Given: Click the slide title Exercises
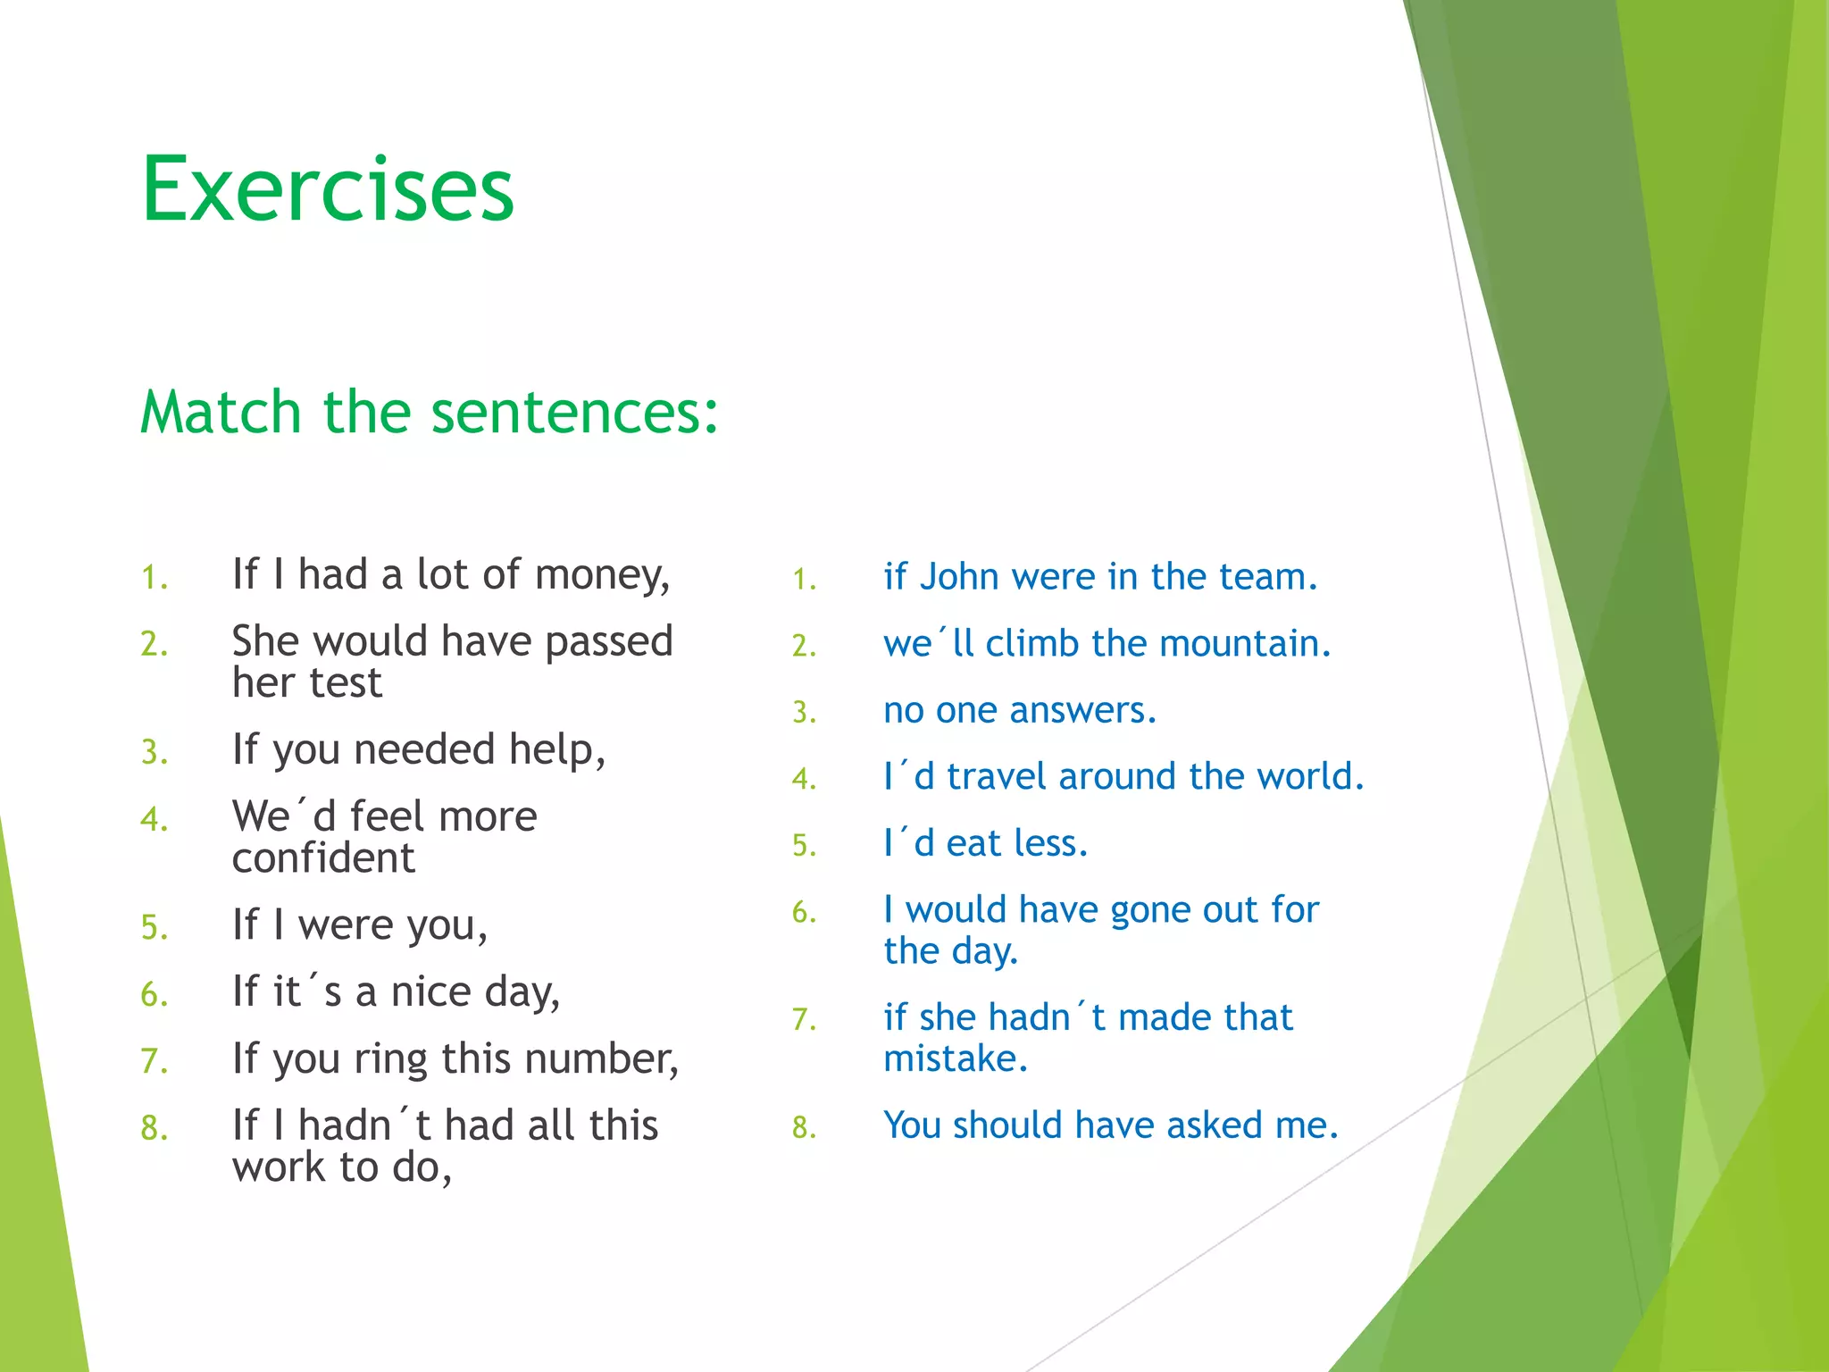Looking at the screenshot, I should (x=328, y=189).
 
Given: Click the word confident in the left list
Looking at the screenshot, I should (x=323, y=858).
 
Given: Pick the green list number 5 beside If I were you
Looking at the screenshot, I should (x=153, y=927).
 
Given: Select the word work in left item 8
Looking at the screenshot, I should (x=278, y=1167).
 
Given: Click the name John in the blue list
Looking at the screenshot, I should (x=959, y=577).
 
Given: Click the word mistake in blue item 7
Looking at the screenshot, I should (x=954, y=1059).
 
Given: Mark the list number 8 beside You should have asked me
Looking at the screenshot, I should (x=803, y=1127).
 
